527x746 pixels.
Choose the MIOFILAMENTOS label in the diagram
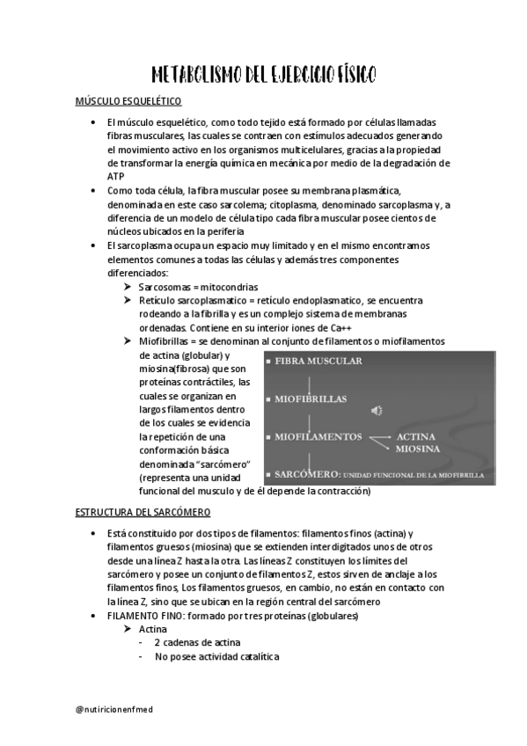(318, 436)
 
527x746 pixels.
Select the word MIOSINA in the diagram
(418, 449)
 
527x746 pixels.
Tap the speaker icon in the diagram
(377, 410)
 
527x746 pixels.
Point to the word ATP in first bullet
(115, 176)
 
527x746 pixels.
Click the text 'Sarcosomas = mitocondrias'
(199, 287)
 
